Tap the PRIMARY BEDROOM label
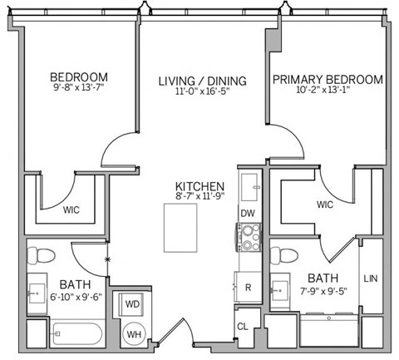(x=328, y=80)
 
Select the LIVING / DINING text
(x=203, y=81)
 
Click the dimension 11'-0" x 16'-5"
(x=203, y=94)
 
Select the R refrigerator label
(x=249, y=287)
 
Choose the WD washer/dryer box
(x=132, y=304)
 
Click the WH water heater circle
(x=133, y=334)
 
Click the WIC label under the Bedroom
(x=72, y=210)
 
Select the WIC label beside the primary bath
(x=324, y=204)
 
